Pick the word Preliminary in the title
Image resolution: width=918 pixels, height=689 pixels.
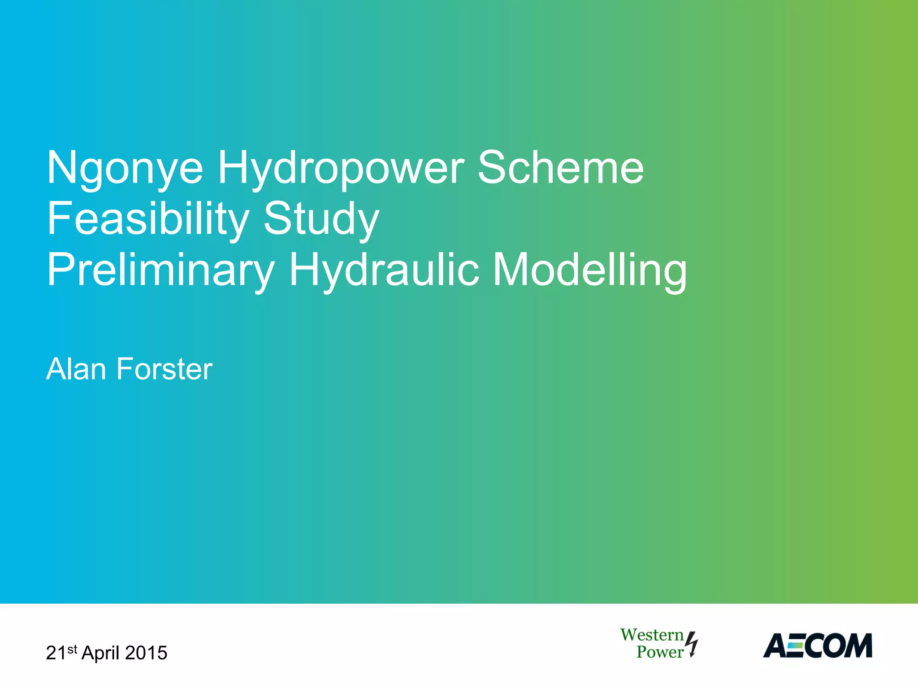click(x=160, y=270)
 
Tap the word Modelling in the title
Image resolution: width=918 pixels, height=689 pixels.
click(x=589, y=270)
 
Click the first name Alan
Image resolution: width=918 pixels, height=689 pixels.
click(x=76, y=369)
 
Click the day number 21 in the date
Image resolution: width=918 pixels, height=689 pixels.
click(x=56, y=653)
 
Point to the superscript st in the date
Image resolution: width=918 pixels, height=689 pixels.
click(x=73, y=649)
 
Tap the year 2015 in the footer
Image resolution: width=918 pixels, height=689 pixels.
click(x=146, y=653)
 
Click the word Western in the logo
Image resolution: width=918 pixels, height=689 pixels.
click(x=652, y=635)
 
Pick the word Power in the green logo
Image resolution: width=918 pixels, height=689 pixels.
click(x=659, y=652)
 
